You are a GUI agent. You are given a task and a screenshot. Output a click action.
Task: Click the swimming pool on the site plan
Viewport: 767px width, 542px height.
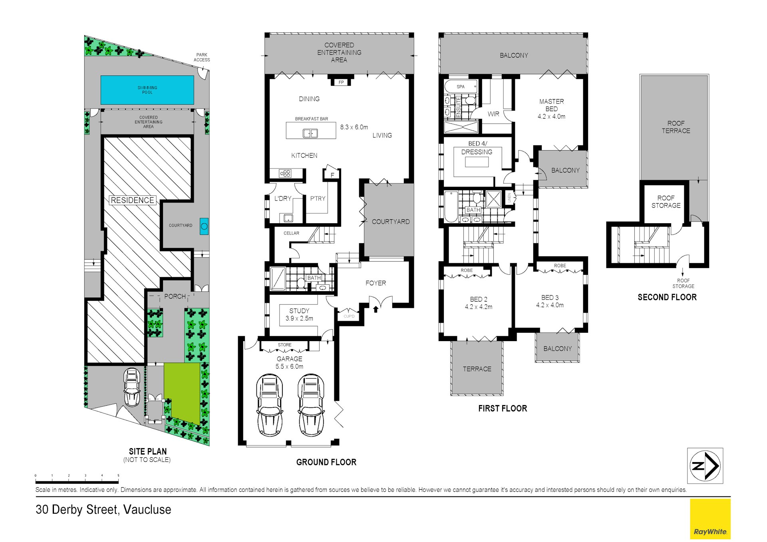click(147, 90)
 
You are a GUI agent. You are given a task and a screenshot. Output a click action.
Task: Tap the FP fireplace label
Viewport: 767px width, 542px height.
click(341, 82)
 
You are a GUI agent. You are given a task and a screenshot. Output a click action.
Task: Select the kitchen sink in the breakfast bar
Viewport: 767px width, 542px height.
click(310, 133)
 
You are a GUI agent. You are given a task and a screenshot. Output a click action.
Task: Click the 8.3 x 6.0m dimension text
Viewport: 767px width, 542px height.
click(354, 127)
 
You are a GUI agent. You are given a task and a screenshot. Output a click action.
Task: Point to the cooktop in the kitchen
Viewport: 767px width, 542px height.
click(285, 173)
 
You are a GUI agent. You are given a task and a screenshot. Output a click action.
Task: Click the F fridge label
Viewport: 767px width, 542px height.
click(332, 175)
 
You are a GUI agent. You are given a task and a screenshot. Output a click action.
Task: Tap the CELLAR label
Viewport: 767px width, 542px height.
click(291, 233)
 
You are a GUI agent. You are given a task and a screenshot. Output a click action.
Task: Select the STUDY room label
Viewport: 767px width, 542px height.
click(299, 311)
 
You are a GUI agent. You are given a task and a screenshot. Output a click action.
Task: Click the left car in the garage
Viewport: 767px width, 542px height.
click(270, 405)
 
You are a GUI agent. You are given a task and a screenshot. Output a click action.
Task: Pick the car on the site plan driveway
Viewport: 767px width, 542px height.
click(132, 387)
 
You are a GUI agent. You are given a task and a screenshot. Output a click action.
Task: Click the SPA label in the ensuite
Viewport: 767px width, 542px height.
click(461, 87)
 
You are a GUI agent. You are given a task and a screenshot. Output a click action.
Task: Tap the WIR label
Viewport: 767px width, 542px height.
click(493, 114)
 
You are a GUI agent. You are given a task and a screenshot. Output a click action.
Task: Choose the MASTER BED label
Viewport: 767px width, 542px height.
click(552, 105)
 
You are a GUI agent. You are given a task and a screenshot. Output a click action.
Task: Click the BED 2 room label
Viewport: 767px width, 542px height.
click(479, 299)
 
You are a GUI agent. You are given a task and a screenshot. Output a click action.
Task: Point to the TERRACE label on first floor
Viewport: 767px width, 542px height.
click(477, 369)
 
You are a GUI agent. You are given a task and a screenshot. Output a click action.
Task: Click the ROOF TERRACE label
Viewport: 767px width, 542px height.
click(676, 127)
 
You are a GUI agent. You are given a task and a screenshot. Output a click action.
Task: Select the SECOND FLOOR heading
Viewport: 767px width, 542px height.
click(667, 297)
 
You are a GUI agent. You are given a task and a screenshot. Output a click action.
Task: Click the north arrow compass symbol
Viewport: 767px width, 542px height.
click(705, 466)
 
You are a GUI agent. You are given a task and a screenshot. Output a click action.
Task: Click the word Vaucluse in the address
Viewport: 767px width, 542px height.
click(147, 510)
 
